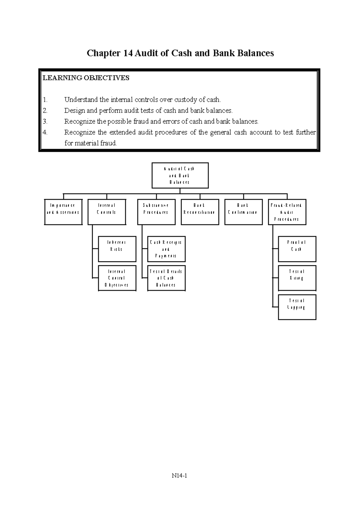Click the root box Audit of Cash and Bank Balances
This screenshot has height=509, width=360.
click(x=180, y=175)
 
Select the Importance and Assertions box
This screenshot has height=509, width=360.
click(x=63, y=212)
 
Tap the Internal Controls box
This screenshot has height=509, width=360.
click(x=106, y=212)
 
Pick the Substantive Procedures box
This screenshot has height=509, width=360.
click(x=156, y=212)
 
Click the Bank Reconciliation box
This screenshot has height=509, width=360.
click(x=200, y=212)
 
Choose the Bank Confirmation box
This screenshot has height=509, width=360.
click(x=243, y=212)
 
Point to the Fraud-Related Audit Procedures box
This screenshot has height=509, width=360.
click(x=287, y=212)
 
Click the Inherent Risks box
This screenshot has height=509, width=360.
click(x=117, y=249)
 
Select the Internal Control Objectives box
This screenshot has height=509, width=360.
click(x=117, y=278)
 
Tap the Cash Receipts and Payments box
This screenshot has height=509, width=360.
click(x=166, y=249)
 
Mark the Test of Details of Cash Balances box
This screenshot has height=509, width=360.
click(x=166, y=278)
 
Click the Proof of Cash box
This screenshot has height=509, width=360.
click(x=297, y=249)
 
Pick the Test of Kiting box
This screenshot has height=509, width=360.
click(x=297, y=278)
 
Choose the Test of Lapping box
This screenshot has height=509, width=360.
click(x=297, y=307)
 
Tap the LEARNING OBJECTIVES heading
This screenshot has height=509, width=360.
click(x=86, y=78)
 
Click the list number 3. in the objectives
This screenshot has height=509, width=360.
click(x=45, y=121)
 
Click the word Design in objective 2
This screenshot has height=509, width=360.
click(x=74, y=111)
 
